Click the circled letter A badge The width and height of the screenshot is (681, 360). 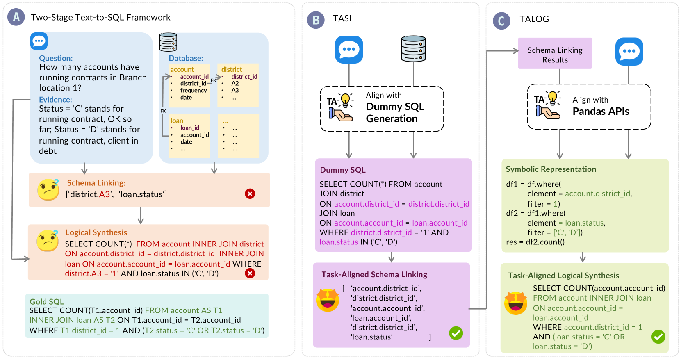(x=16, y=17)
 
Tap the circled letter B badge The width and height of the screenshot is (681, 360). (x=316, y=20)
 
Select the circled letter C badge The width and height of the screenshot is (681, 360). (x=501, y=21)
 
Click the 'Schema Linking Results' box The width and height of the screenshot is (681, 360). (x=555, y=53)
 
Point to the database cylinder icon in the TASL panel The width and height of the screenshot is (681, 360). (x=413, y=49)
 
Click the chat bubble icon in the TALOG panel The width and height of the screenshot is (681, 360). (x=629, y=51)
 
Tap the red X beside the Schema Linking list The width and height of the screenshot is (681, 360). (x=250, y=194)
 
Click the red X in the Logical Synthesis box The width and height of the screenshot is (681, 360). (x=250, y=273)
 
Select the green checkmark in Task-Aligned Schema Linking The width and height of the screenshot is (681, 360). (x=456, y=333)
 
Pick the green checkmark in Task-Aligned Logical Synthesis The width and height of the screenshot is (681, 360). (x=658, y=337)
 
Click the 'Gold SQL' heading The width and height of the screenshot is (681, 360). (x=46, y=301)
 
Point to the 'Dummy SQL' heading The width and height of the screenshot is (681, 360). (x=343, y=170)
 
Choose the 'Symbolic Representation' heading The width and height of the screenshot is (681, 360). (x=551, y=169)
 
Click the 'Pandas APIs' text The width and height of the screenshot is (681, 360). (x=601, y=111)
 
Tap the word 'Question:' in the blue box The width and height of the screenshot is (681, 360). (x=56, y=58)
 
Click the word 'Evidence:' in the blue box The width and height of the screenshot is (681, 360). (x=55, y=99)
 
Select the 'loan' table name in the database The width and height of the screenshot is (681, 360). (x=177, y=121)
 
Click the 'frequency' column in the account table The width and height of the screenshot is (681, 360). (x=194, y=90)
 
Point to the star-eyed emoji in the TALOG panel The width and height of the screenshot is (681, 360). (x=516, y=303)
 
